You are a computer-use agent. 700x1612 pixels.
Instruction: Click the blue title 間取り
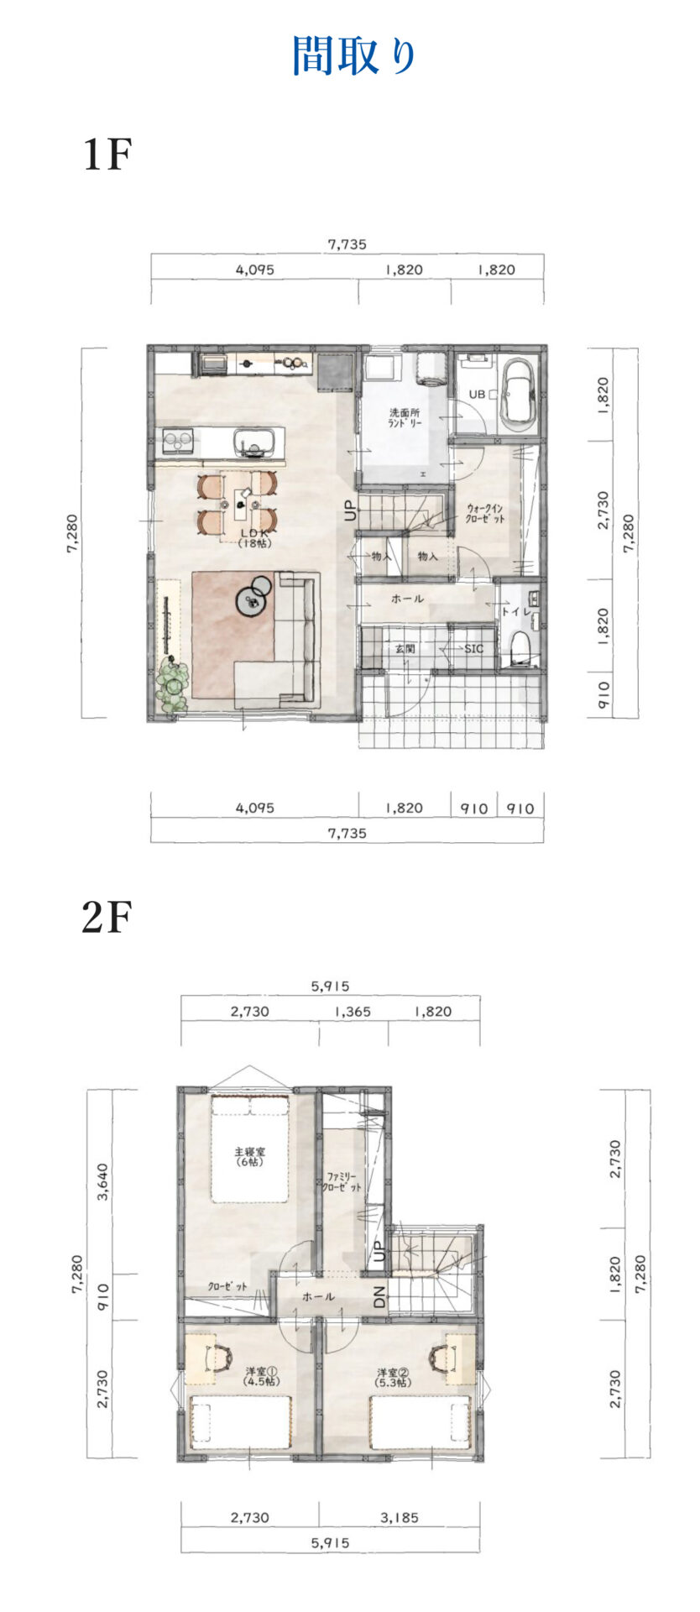354,56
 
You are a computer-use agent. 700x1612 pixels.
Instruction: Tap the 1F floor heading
107,154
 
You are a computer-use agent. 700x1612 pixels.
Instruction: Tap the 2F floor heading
107,918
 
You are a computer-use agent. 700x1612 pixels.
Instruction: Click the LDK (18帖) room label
253,538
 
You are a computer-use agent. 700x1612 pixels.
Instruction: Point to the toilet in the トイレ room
521,646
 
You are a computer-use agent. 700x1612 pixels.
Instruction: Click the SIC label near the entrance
474,648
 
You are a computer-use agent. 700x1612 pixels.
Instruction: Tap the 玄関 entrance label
405,648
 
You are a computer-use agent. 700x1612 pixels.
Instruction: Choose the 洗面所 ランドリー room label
405,417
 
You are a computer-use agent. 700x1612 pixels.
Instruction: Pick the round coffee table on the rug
251,599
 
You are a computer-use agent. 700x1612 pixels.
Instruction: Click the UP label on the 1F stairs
351,511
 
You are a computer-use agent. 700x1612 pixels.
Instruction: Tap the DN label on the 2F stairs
379,1297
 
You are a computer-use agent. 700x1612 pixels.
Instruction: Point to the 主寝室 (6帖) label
249,1157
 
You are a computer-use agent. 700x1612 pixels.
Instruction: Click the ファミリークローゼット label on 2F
342,1182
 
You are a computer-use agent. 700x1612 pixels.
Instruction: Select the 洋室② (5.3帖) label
393,1377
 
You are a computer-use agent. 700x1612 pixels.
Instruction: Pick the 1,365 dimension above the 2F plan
353,1012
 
